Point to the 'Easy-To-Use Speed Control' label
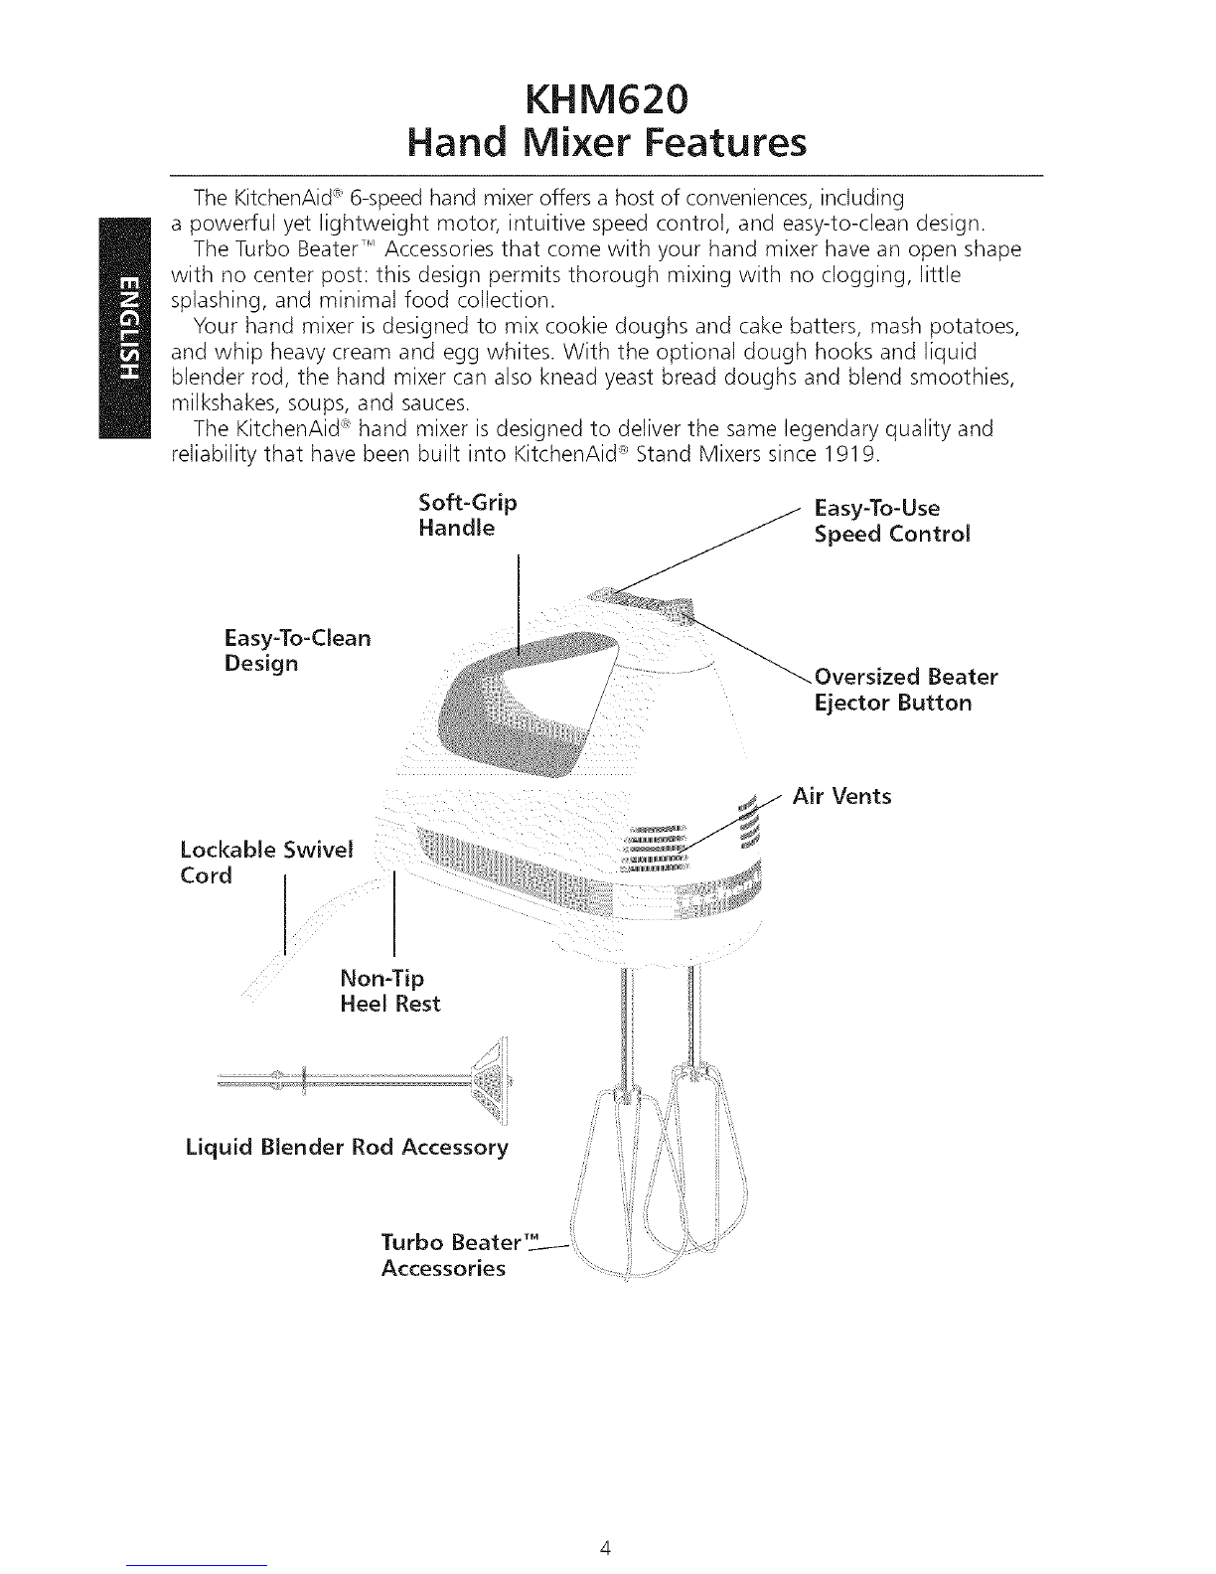click(891, 521)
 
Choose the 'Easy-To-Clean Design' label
click(297, 649)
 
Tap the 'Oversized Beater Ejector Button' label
click(904, 690)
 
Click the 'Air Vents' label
click(842, 796)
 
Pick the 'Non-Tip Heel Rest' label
click(388, 990)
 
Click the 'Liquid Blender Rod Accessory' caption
click(347, 1148)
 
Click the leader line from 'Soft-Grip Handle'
click(520, 606)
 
